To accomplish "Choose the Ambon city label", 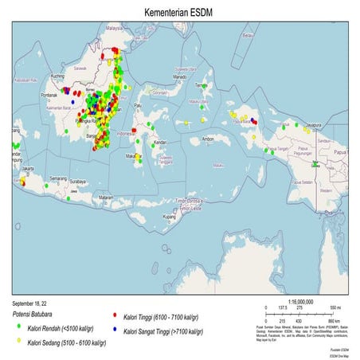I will (209, 139).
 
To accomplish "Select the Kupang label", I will (169, 216).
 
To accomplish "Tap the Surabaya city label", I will (78, 182).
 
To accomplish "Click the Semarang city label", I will (57, 178).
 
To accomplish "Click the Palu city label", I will (138, 105).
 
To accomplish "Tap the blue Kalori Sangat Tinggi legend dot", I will (115, 328).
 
